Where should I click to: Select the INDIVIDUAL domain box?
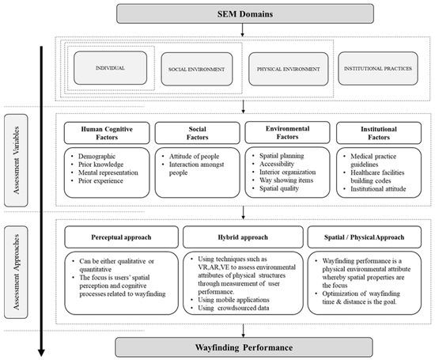pyautogui.click(x=108, y=69)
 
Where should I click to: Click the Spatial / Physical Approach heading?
pyautogui.click(x=360, y=237)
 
